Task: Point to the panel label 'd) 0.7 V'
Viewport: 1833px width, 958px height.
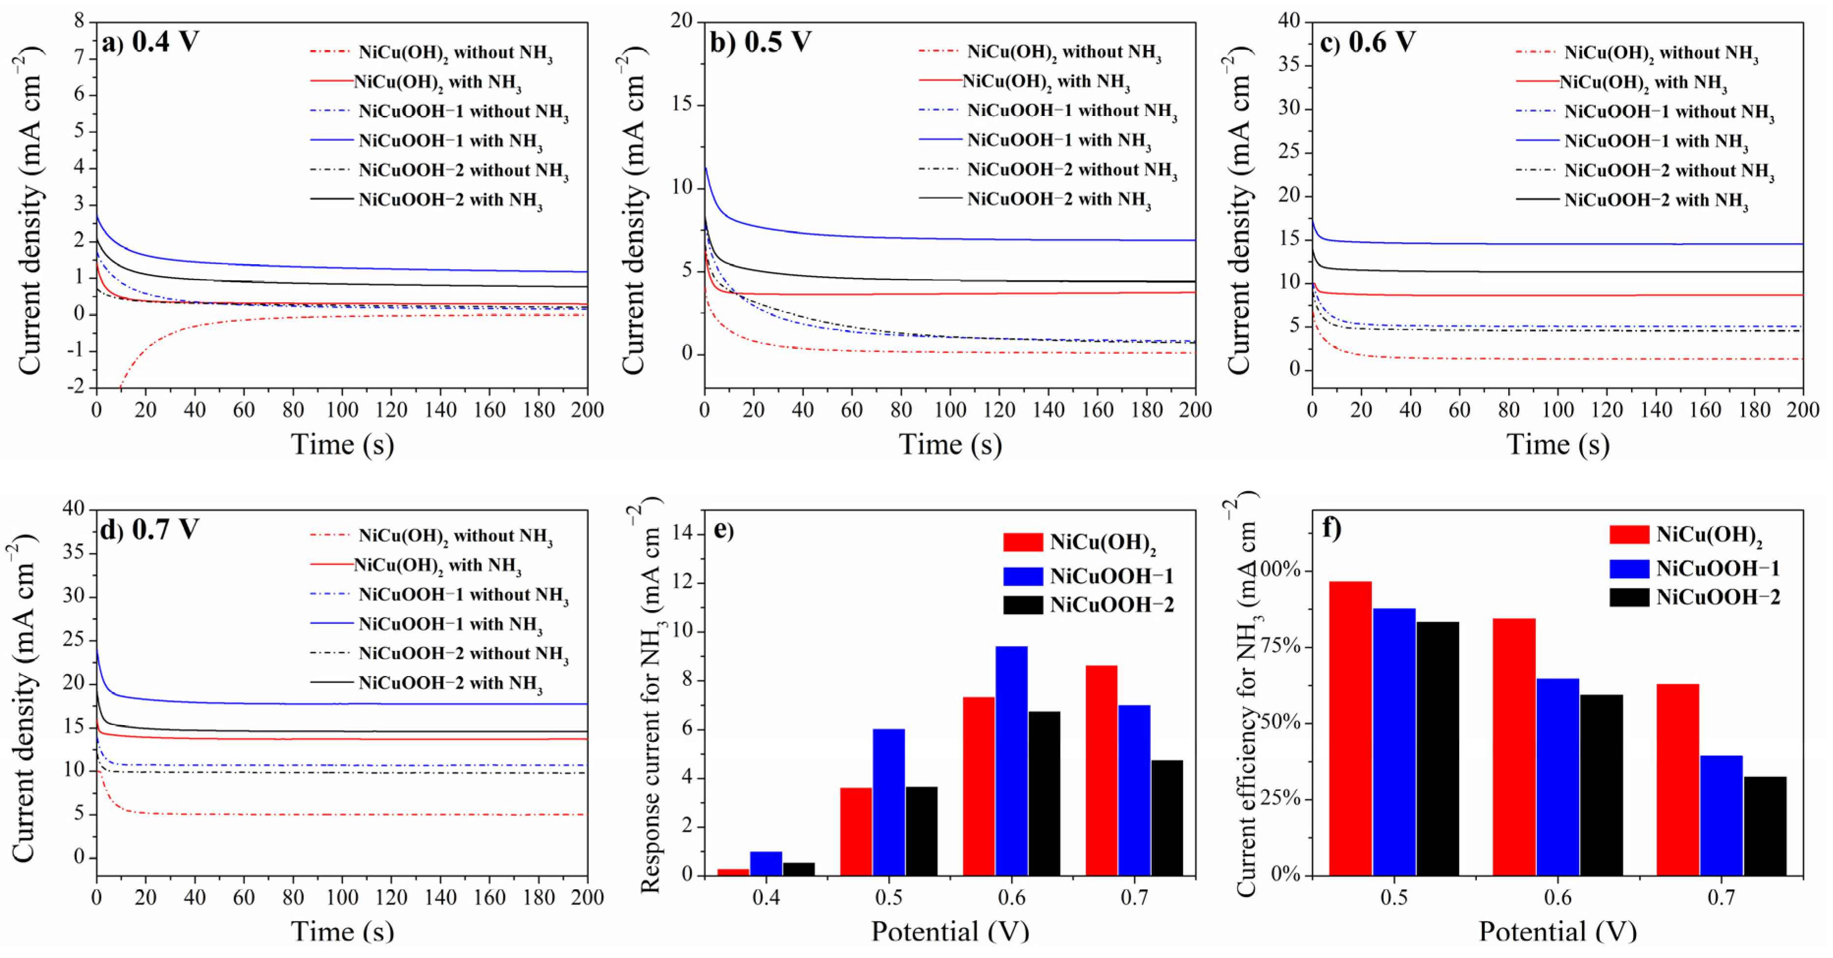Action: tap(149, 530)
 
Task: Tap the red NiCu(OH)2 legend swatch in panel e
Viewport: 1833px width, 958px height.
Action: tap(1023, 542)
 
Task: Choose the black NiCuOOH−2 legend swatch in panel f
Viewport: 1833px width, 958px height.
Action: tap(1629, 597)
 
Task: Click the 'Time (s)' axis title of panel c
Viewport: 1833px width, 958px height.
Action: tap(1557, 444)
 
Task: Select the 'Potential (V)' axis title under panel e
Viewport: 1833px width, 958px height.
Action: tap(950, 931)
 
